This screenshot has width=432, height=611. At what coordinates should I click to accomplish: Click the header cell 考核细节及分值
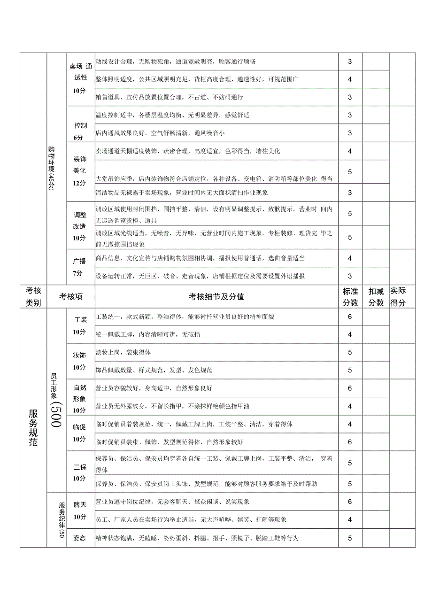coord(216,297)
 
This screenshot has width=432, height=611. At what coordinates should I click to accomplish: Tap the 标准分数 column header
coord(350,297)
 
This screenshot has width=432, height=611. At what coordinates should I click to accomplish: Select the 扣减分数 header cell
coord(376,297)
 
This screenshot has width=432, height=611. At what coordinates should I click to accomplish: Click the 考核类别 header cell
coord(33,297)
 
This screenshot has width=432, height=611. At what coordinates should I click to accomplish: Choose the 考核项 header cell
coord(71,297)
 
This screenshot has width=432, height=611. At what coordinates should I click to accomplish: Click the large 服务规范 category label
coord(33,427)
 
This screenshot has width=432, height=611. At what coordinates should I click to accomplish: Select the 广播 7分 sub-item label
coord(80,267)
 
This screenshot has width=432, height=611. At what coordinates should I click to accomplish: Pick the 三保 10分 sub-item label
coord(80,472)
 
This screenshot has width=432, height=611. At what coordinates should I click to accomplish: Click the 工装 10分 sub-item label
coord(80,325)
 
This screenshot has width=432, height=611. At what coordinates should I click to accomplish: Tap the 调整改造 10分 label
coord(80,226)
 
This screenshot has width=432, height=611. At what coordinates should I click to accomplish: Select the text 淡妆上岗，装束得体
coord(123,352)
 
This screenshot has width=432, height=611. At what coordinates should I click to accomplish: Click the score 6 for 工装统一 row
coord(350,317)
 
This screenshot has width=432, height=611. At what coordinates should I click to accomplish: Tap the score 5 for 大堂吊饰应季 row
coord(350,172)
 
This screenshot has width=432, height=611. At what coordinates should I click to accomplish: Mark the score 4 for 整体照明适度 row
coord(350,79)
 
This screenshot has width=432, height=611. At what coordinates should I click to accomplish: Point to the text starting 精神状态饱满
coord(197,538)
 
